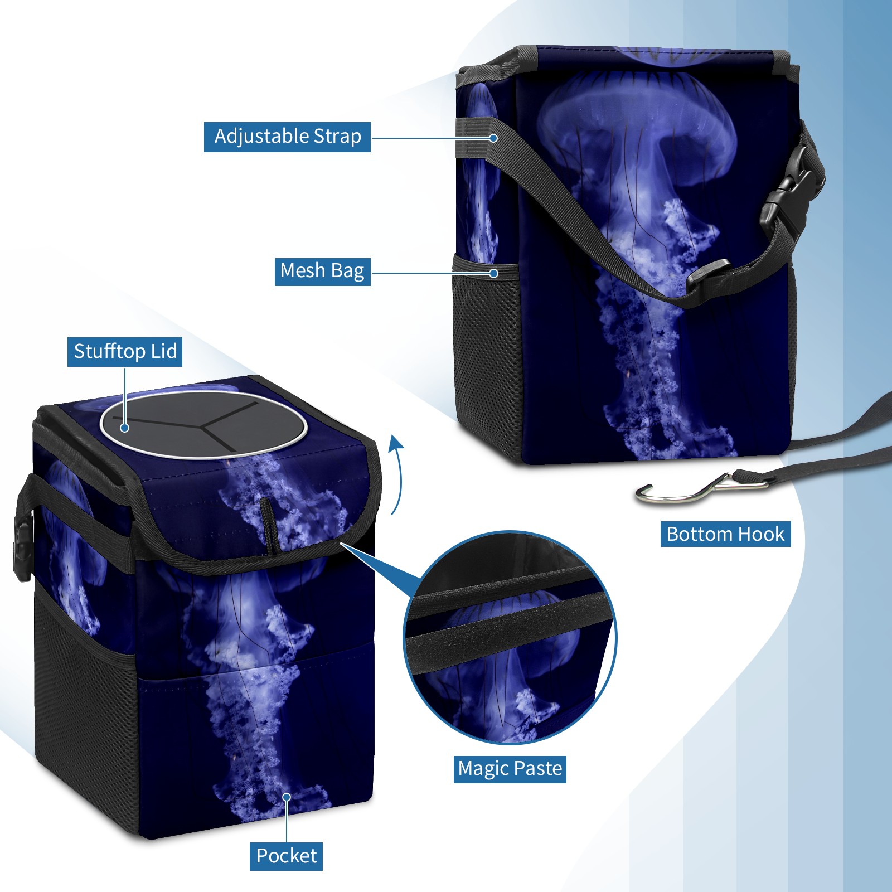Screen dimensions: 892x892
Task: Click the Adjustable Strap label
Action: [287, 137]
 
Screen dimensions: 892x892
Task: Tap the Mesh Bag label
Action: [322, 272]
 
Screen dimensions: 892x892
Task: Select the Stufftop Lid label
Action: [125, 352]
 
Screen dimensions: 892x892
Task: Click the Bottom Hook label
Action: [725, 534]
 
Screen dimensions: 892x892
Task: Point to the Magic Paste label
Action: [510, 769]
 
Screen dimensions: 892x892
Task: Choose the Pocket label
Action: [286, 856]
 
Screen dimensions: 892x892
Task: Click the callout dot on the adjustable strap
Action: [493, 138]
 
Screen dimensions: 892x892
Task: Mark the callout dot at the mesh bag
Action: [493, 273]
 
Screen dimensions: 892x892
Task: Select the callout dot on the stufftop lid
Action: [125, 428]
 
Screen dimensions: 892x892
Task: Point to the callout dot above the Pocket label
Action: [287, 797]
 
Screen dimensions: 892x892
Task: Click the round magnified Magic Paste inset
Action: [510, 637]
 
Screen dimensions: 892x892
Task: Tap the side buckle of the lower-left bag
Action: [22, 547]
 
